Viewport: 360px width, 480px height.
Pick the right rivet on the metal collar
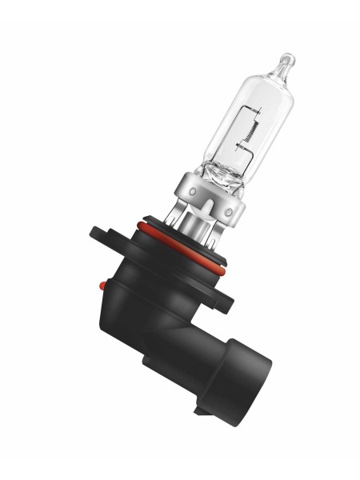point(230,211)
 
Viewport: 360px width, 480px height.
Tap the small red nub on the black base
point(101,283)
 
